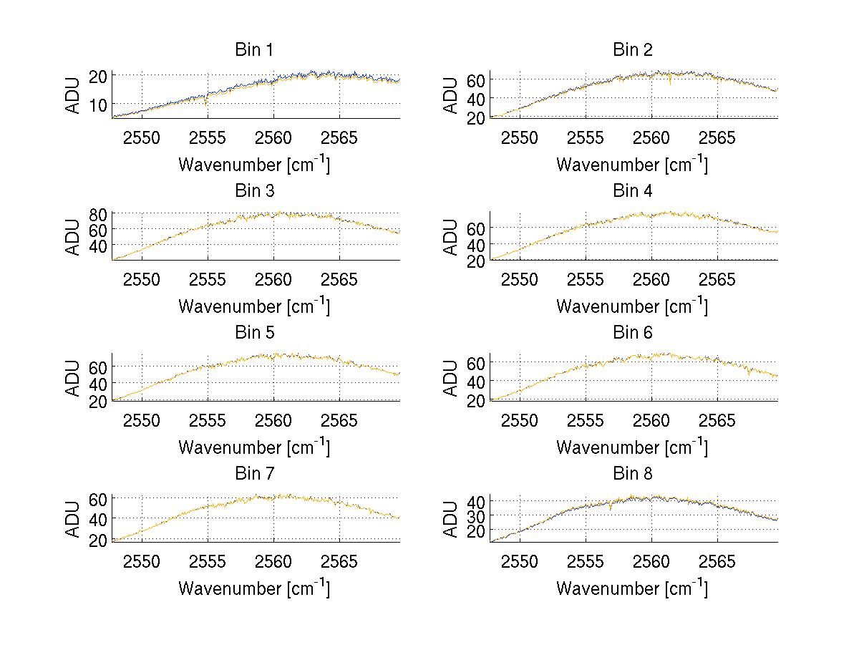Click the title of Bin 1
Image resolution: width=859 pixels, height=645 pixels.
pyautogui.click(x=254, y=50)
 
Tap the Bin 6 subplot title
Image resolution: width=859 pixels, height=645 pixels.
pyautogui.click(x=633, y=333)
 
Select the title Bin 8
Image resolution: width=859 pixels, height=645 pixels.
pyautogui.click(x=633, y=474)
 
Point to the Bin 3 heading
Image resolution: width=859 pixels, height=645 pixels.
pyautogui.click(x=254, y=191)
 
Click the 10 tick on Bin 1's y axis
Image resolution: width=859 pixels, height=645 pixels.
pyautogui.click(x=99, y=105)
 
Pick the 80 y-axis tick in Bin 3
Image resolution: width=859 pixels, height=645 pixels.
pyautogui.click(x=99, y=213)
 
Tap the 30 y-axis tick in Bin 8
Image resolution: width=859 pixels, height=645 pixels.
pyautogui.click(x=477, y=516)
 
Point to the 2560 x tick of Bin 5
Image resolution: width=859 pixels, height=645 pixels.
pyautogui.click(x=274, y=420)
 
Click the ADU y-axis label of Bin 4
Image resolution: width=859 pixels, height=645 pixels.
pyautogui.click(x=451, y=236)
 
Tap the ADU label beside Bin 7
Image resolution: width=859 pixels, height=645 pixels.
pyautogui.click(x=73, y=518)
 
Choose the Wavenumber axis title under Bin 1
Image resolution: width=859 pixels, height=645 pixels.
pyautogui.click(x=254, y=164)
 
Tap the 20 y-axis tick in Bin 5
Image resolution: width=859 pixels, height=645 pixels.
pyautogui.click(x=99, y=401)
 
